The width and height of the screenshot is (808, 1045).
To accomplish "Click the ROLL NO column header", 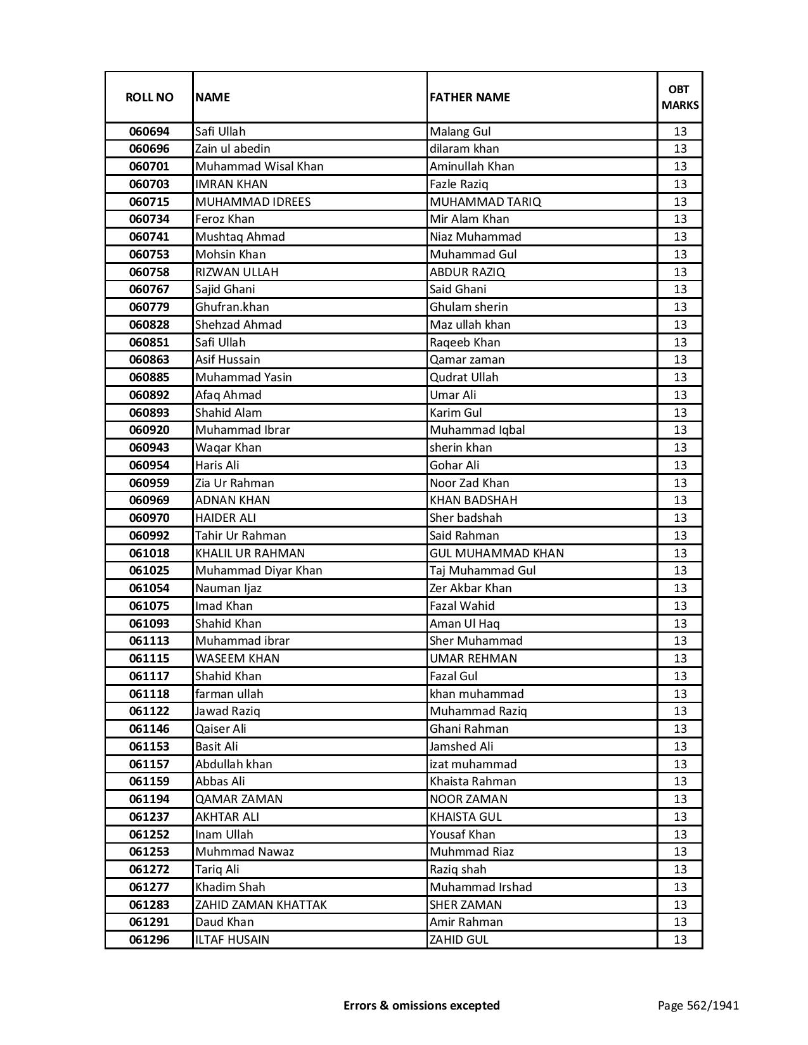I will coord(149,97).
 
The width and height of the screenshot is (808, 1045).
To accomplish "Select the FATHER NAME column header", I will coord(470,97).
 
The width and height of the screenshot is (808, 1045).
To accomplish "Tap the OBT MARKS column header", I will coord(680,97).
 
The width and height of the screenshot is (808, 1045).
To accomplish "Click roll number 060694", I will coord(149,132).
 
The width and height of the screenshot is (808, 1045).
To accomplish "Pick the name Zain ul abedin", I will coord(233,149).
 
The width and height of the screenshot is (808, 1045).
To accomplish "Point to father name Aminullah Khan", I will coord(471,167).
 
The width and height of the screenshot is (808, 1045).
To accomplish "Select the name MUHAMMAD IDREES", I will coord(253,202).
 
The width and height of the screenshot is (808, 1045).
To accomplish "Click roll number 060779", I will coord(149,307).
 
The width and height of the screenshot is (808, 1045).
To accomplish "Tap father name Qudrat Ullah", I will coord(464,377).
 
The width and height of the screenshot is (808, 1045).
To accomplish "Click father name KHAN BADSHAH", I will coord(473,500).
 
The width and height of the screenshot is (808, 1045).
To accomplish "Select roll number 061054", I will coord(149,588).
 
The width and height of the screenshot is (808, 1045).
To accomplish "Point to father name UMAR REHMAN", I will coord(473,659).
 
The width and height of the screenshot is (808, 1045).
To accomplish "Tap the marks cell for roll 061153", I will coord(680,747).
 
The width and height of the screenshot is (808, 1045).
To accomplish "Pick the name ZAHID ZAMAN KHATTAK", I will coord(260,905).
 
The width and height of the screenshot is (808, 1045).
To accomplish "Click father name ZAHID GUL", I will coord(459,940).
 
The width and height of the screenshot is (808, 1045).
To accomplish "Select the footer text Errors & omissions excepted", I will coord(421,1005).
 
